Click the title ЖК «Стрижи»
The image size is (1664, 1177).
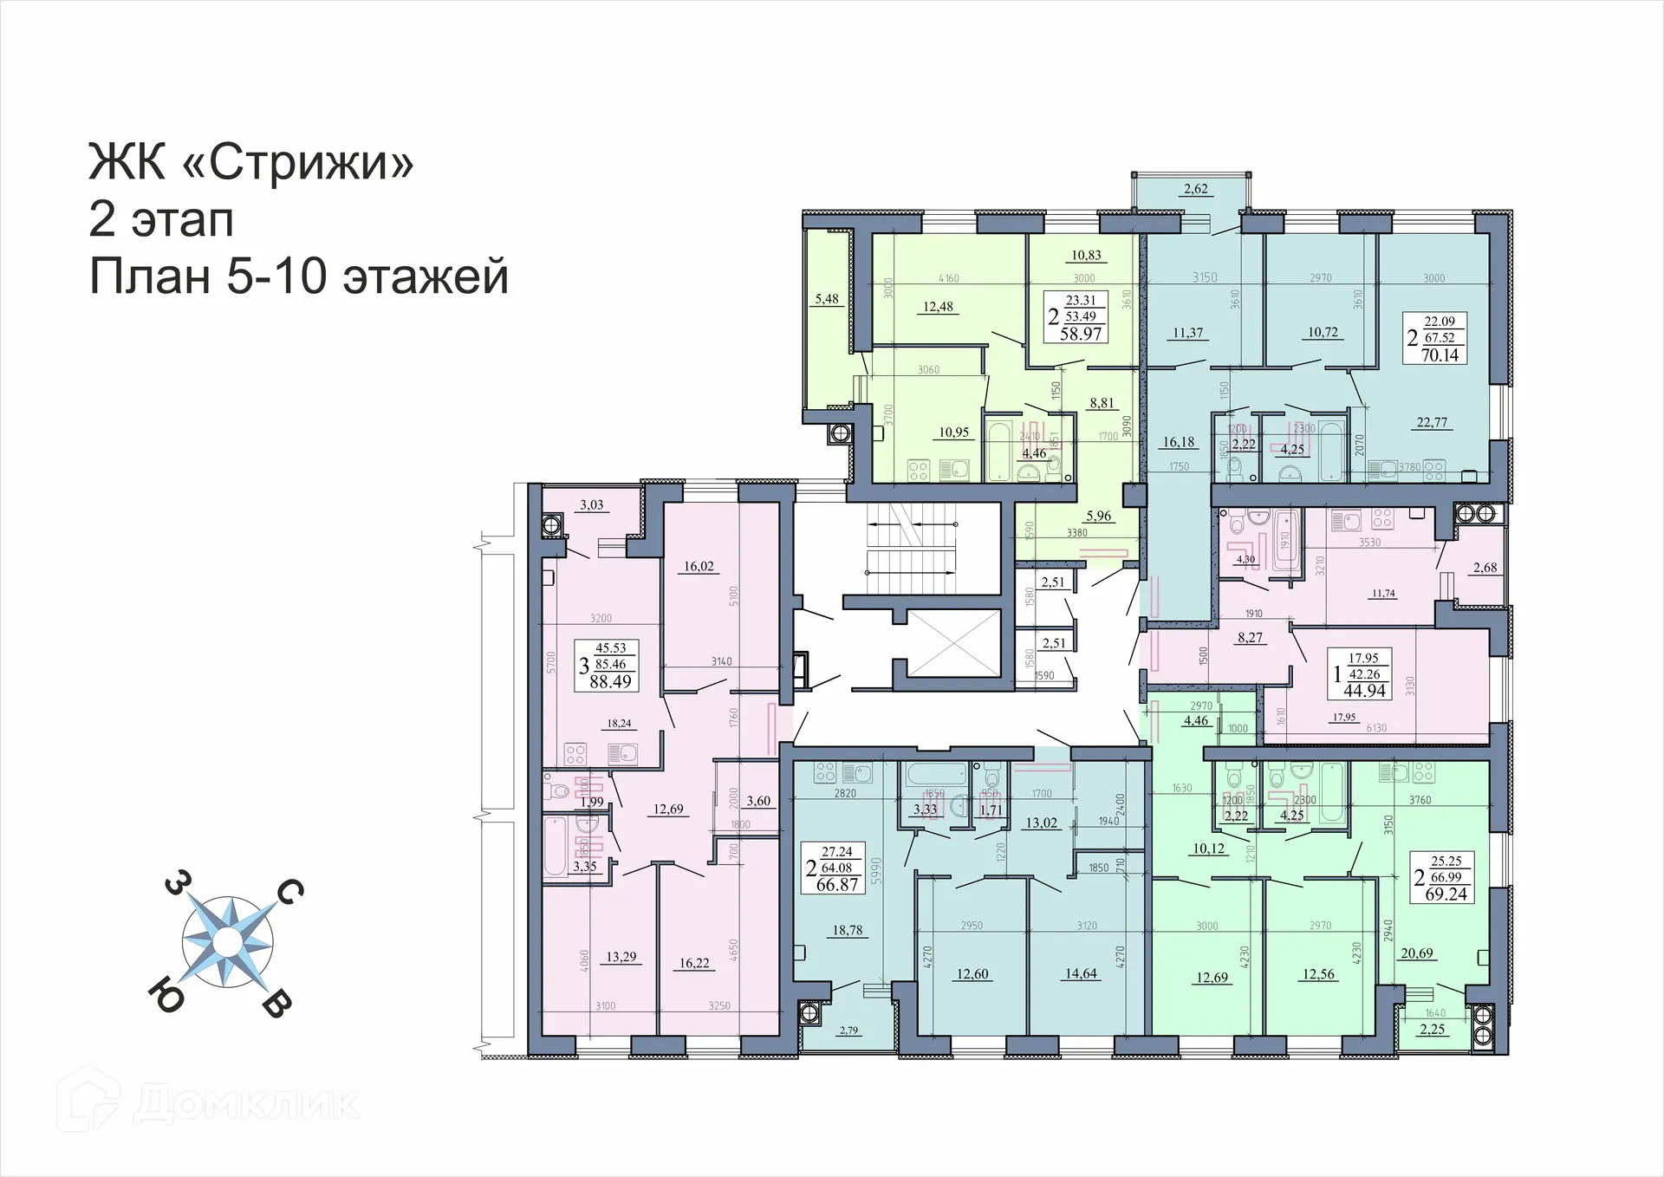251,161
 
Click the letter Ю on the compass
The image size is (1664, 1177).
167,995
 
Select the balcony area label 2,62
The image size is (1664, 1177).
1195,189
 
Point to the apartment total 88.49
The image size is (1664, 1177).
610,681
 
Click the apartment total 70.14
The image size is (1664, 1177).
1440,355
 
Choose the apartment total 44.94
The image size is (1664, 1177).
1364,691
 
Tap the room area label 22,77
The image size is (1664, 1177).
1432,423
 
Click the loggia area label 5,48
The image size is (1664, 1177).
827,299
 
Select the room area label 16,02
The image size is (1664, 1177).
699,567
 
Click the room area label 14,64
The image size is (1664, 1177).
1081,973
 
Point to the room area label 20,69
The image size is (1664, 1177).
1417,953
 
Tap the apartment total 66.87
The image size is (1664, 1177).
837,885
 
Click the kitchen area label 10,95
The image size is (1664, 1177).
953,432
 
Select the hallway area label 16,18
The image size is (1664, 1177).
1178,442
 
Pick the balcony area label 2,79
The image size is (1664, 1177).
848,1031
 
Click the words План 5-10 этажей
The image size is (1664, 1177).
299,277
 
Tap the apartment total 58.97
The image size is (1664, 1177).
1081,334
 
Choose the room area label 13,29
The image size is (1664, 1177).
621,957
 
